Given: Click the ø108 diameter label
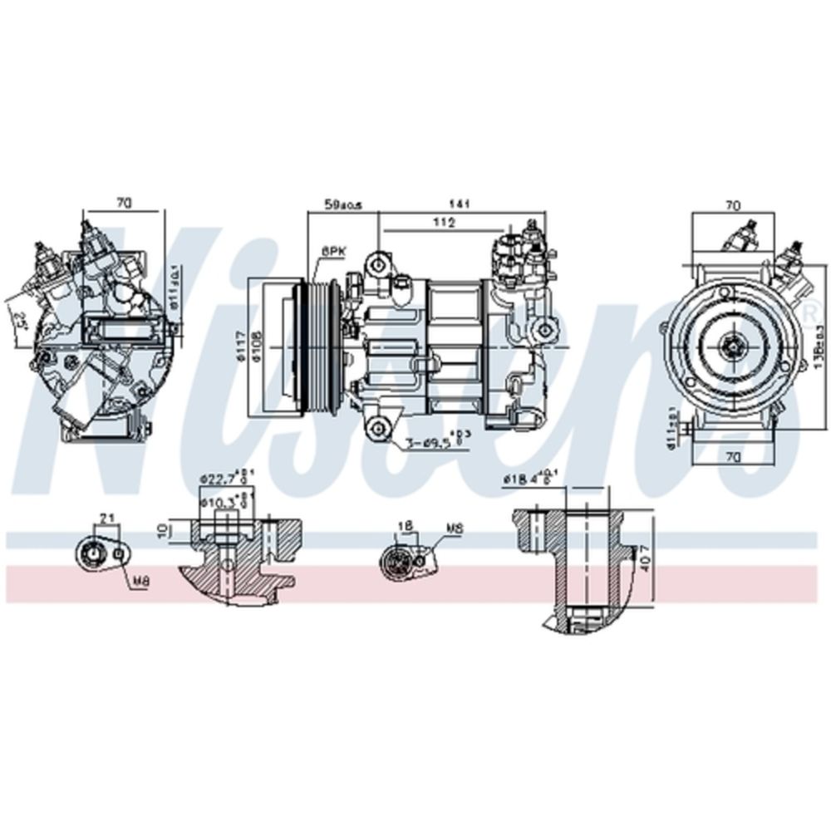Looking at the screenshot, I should (258, 346).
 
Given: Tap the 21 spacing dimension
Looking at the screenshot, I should (106, 518).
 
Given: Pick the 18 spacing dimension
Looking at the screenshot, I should (405, 526).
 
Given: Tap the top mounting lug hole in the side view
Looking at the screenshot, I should (379, 264).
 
